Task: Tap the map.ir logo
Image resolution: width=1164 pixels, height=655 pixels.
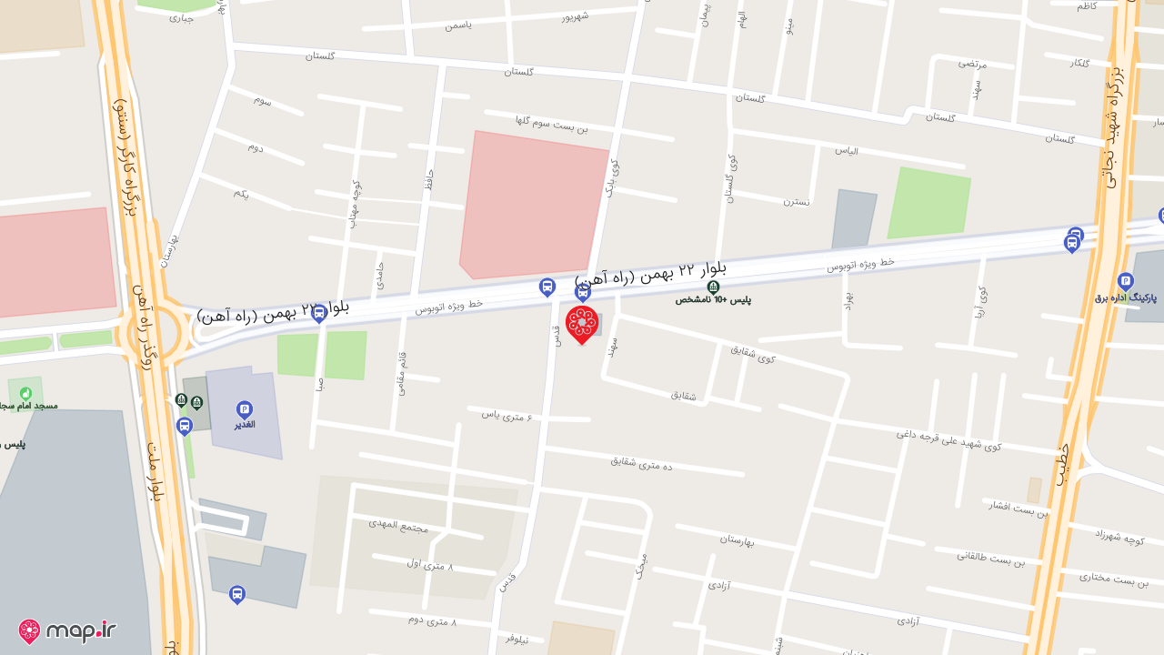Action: (x=67, y=630)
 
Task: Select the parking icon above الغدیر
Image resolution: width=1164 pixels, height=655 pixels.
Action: (x=244, y=409)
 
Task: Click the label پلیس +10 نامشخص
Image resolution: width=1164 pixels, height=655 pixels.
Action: (x=713, y=298)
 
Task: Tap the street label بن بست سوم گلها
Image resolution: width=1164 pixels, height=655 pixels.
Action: (x=551, y=124)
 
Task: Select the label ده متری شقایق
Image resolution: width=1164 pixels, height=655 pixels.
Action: (x=641, y=463)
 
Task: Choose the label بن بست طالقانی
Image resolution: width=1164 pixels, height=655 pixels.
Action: (x=990, y=557)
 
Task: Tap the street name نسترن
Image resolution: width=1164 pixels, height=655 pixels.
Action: (x=797, y=201)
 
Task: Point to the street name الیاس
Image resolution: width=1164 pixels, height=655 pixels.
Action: (x=847, y=150)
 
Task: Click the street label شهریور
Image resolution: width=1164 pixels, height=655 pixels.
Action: (x=575, y=16)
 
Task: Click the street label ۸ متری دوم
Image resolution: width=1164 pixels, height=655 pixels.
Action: (x=432, y=620)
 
